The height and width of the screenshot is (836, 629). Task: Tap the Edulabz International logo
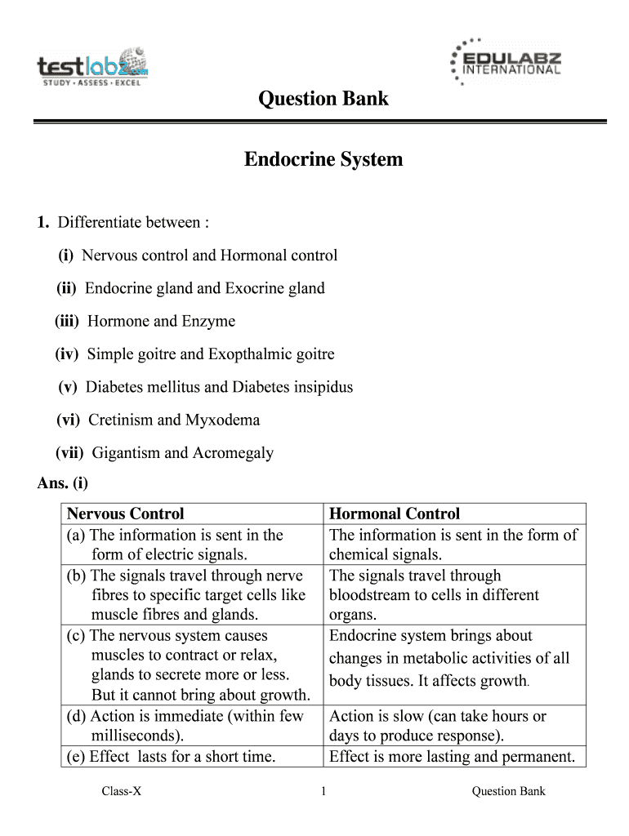click(x=506, y=62)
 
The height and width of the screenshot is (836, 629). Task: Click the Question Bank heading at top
click(x=323, y=100)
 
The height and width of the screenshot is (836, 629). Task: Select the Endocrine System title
click(x=323, y=159)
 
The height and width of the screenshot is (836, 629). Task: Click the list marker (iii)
click(x=67, y=321)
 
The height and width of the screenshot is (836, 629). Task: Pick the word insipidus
click(x=321, y=387)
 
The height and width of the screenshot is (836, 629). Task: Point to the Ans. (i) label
click(x=63, y=483)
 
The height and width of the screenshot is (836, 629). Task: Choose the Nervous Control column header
click(x=125, y=514)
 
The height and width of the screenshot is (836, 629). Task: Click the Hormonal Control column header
click(x=394, y=514)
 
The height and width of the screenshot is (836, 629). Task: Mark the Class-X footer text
click(x=122, y=790)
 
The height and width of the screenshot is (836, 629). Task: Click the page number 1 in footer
click(x=323, y=790)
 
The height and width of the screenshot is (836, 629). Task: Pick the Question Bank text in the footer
click(x=508, y=790)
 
